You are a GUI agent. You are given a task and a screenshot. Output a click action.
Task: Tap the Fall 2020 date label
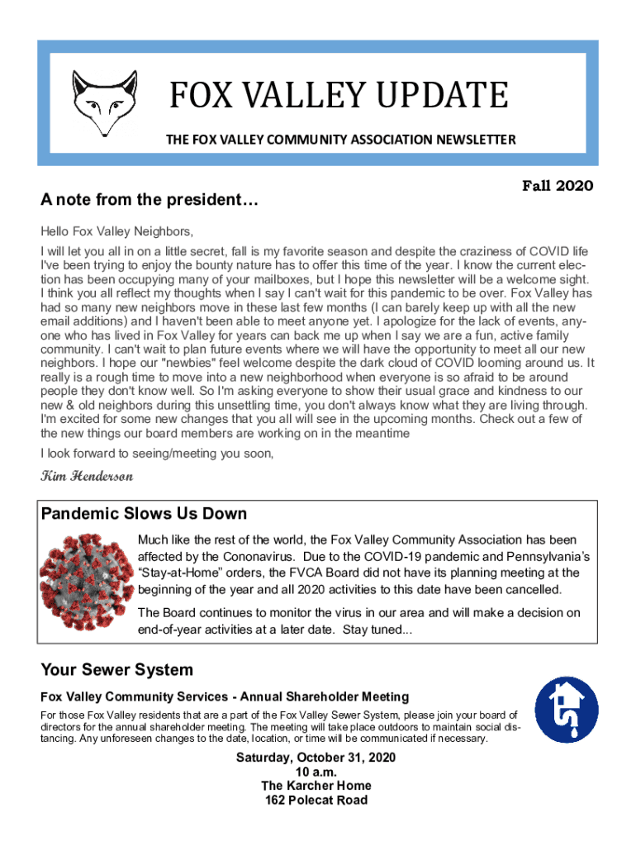pyautogui.click(x=557, y=186)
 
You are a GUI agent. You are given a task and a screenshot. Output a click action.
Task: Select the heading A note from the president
pyautogui.click(x=150, y=200)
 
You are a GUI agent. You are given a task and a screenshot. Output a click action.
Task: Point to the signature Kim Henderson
pyautogui.click(x=87, y=477)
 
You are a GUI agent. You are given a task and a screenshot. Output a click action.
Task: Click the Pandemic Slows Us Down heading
pyautogui.click(x=144, y=514)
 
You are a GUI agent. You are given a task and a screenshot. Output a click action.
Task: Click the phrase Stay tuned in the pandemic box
pyautogui.click(x=376, y=630)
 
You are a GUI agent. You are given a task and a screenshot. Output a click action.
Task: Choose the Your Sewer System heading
pyautogui.click(x=116, y=670)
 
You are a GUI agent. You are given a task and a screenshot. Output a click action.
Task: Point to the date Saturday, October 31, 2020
pyautogui.click(x=316, y=758)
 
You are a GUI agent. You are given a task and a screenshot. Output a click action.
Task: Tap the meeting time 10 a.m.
pyautogui.click(x=316, y=772)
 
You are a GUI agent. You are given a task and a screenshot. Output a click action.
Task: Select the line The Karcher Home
pyautogui.click(x=316, y=786)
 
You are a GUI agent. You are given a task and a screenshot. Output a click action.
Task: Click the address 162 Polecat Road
pyautogui.click(x=316, y=800)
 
